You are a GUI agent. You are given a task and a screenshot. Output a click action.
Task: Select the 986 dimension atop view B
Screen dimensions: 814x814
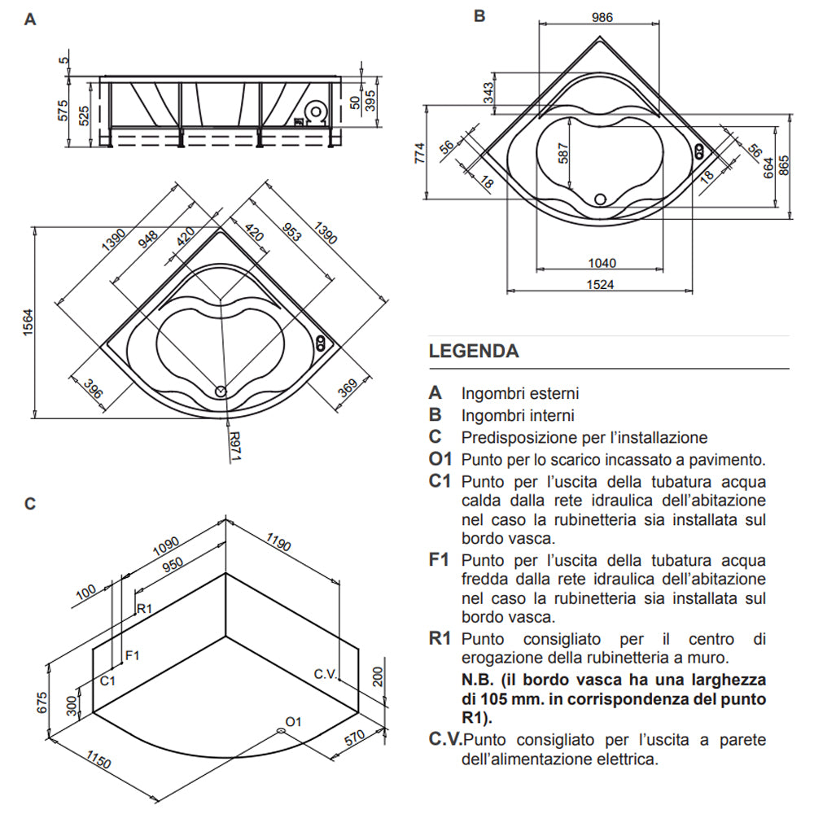click(602, 17)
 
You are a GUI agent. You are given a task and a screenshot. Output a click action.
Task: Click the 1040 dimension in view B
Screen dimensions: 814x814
click(602, 263)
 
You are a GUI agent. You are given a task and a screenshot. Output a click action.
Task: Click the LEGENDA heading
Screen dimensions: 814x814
click(474, 352)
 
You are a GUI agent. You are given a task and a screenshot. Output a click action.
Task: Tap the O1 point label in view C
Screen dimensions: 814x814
click(294, 721)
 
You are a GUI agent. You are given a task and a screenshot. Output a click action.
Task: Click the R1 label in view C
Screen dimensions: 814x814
click(145, 608)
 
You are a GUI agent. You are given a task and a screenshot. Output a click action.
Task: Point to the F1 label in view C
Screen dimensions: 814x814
click(133, 654)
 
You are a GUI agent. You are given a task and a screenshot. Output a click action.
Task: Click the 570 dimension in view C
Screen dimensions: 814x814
click(352, 740)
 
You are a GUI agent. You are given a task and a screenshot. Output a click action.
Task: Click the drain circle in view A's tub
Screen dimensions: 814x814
click(221, 391)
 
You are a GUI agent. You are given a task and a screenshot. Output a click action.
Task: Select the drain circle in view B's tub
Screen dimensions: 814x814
click(601, 198)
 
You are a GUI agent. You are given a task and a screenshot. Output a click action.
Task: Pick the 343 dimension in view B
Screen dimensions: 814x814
click(488, 92)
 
